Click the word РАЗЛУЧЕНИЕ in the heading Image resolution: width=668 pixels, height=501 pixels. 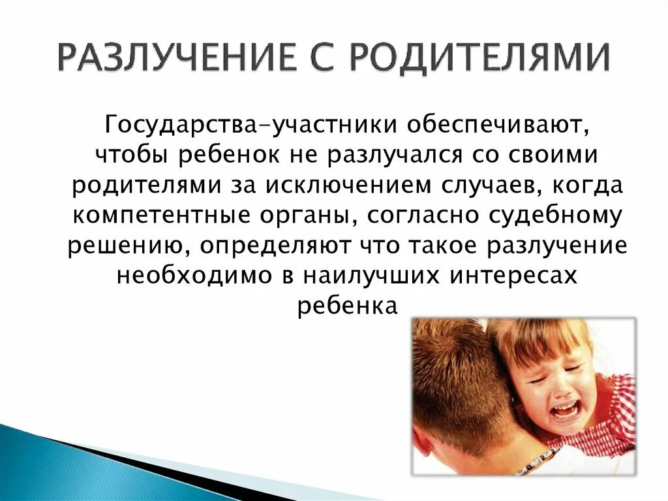[175, 59]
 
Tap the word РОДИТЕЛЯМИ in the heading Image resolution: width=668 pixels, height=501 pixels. [479, 59]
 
